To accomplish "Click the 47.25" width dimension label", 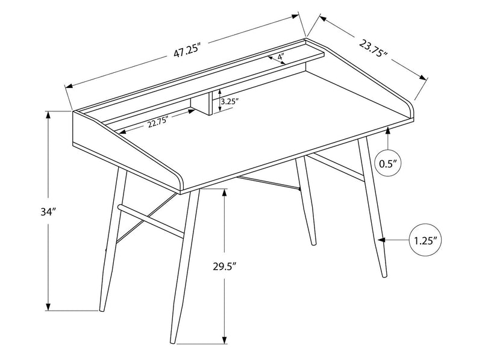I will point(187,51).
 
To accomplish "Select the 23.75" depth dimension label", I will point(371,48).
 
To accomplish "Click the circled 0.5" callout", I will point(389,163).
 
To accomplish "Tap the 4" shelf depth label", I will point(281,58).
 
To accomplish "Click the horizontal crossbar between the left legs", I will point(151,220).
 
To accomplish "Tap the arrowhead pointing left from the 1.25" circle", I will point(381,240).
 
